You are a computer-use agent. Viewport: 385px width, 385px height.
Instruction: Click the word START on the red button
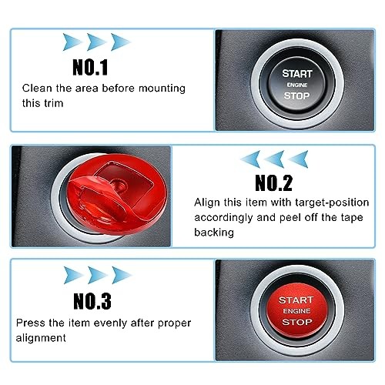point(296,300)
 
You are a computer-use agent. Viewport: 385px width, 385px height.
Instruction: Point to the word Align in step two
point(206,203)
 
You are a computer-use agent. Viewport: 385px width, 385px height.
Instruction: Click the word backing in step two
point(213,232)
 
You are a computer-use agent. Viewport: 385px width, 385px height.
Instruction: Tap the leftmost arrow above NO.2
point(252,159)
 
